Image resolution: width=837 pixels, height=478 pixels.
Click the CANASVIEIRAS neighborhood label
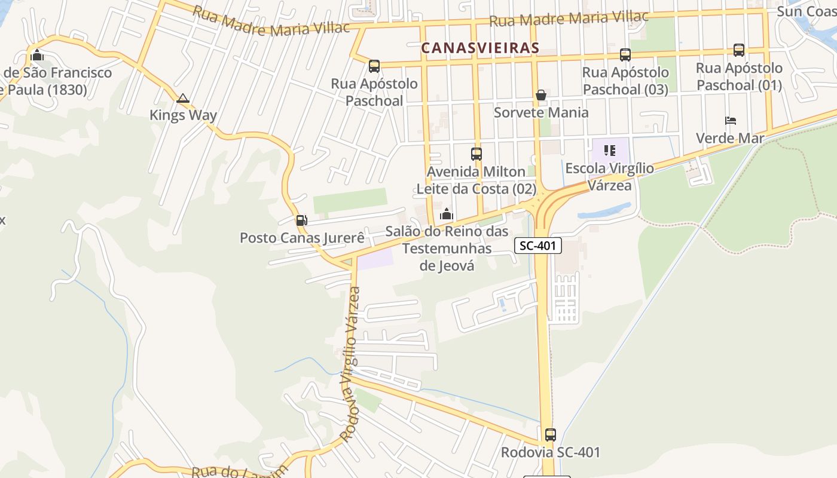pos(480,48)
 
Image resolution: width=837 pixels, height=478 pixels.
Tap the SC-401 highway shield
pos(538,245)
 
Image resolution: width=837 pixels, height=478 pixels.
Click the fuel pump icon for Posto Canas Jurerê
pos(302,220)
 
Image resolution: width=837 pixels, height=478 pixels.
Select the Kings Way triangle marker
pos(183,98)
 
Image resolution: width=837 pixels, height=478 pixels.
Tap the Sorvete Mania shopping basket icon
pos(541,95)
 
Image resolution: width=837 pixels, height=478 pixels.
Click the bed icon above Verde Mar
pos(730,121)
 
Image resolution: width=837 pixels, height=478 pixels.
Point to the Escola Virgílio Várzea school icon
pos(609,151)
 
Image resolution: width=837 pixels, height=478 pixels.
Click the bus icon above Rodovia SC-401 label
pos(551,435)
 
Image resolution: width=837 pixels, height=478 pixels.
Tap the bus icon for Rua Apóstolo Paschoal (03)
pos(625,55)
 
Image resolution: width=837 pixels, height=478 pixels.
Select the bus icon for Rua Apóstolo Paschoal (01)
pos(739,50)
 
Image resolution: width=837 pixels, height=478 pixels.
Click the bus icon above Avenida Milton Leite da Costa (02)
pos(476,154)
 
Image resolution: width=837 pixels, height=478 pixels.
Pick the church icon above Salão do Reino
pos(447,214)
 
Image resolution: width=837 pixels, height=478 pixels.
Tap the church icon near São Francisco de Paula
pos(37,56)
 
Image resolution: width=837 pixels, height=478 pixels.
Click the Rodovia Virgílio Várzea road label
pos(350,364)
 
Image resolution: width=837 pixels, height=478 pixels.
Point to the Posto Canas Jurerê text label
pos(302,238)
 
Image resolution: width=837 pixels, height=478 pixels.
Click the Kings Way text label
pos(183,115)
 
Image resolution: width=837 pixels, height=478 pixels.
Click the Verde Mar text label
pos(730,138)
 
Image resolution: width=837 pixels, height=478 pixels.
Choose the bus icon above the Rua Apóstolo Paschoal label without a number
pos(374,66)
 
